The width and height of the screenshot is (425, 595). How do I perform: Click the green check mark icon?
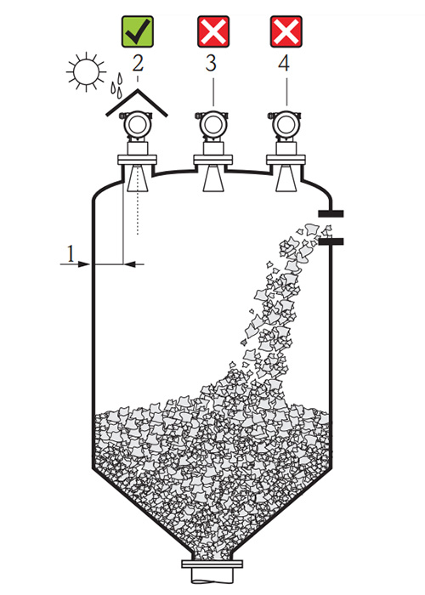[x=138, y=31]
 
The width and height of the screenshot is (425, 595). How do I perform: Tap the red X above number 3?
[x=213, y=31]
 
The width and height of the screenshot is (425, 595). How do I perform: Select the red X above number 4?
[x=286, y=31]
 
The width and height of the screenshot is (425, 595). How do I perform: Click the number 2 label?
[x=138, y=63]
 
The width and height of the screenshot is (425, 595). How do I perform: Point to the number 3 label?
[x=211, y=63]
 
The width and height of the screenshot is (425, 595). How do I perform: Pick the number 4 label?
[x=284, y=63]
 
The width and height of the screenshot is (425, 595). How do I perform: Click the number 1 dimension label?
[x=71, y=253]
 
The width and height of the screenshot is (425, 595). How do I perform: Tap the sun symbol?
[x=86, y=71]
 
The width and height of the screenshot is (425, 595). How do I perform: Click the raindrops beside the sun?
[x=117, y=84]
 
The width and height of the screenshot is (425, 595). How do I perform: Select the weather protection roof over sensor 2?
[x=137, y=103]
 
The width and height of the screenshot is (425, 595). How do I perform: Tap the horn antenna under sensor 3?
[x=212, y=178]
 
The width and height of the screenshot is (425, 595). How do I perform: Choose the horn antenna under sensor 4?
[x=286, y=178]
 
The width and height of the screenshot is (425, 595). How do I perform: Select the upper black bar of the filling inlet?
[x=331, y=214]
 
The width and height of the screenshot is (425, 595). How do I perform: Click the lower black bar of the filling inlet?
[x=331, y=241]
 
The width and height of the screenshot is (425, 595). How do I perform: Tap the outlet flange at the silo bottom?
[x=212, y=564]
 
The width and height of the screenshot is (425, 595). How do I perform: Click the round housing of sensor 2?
[x=138, y=125]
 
